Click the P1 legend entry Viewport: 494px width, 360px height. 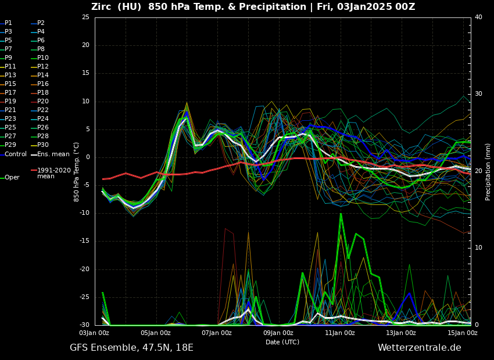[8, 23]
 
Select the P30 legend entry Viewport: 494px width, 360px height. [43, 145]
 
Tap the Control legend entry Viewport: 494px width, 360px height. [15, 154]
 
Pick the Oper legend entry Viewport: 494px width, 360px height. [12, 178]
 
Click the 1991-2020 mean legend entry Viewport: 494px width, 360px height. [53, 174]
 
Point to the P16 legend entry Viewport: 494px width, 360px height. [43, 84]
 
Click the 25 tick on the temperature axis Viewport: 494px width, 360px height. [85, 17]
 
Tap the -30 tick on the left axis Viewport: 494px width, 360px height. [84, 325]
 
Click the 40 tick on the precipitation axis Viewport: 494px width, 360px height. [478, 17]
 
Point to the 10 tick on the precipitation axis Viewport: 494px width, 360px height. [478, 248]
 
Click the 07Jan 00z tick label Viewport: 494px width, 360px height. [217, 333]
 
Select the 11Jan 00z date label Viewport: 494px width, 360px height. [340, 333]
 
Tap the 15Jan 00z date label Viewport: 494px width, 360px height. [463, 333]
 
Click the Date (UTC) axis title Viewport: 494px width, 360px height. [282, 342]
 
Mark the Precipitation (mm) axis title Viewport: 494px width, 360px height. [488, 172]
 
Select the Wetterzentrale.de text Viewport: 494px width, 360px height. [419, 348]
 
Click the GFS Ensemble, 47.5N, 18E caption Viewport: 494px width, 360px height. [131, 348]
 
